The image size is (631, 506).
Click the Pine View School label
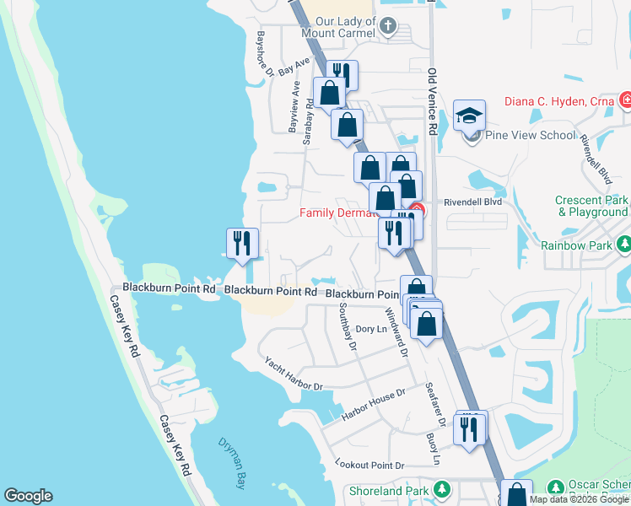tap(530, 135)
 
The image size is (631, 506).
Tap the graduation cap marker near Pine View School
tap(470, 116)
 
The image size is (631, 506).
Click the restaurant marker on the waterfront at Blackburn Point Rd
tap(243, 244)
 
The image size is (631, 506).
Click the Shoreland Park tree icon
tap(441, 490)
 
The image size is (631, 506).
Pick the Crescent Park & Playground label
tap(591, 207)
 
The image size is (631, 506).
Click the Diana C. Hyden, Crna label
tap(559, 102)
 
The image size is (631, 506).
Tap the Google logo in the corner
tap(28, 496)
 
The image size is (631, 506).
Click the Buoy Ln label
tap(433, 449)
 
